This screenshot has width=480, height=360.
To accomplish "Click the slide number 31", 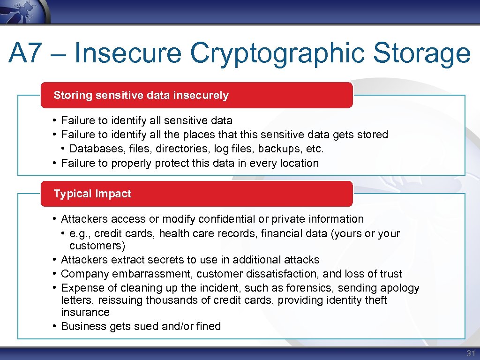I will coord(470,353).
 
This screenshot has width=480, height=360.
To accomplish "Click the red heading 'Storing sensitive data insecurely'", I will coord(141,95).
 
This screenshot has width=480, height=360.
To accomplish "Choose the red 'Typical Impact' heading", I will coord(92,194).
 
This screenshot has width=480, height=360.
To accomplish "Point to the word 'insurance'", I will coord(85,312).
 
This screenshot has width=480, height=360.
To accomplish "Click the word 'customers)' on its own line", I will coord(97,246).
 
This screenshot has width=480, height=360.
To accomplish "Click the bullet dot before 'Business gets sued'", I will coord(55,326).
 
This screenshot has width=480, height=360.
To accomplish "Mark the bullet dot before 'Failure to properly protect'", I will coord(55,163).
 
